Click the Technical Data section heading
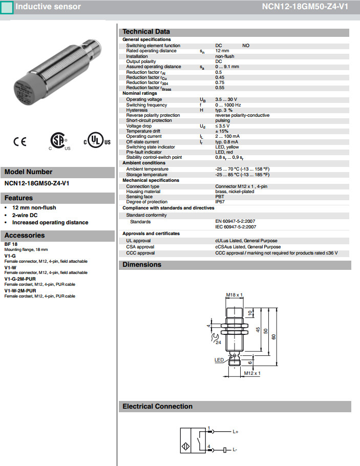pos(146,32)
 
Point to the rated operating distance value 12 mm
pos(222,51)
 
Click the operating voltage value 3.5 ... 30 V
pos(226,99)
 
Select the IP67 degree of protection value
pos(220,201)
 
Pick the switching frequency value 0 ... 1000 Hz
pos(228,105)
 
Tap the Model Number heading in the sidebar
pos(28,172)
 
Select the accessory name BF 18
pos(11,244)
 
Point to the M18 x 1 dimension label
pos(234,295)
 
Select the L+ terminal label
pos(236,432)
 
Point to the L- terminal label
pos(235,450)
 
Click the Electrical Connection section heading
pos(157,407)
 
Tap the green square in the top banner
pos(7,7)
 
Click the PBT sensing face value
pos(220,197)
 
